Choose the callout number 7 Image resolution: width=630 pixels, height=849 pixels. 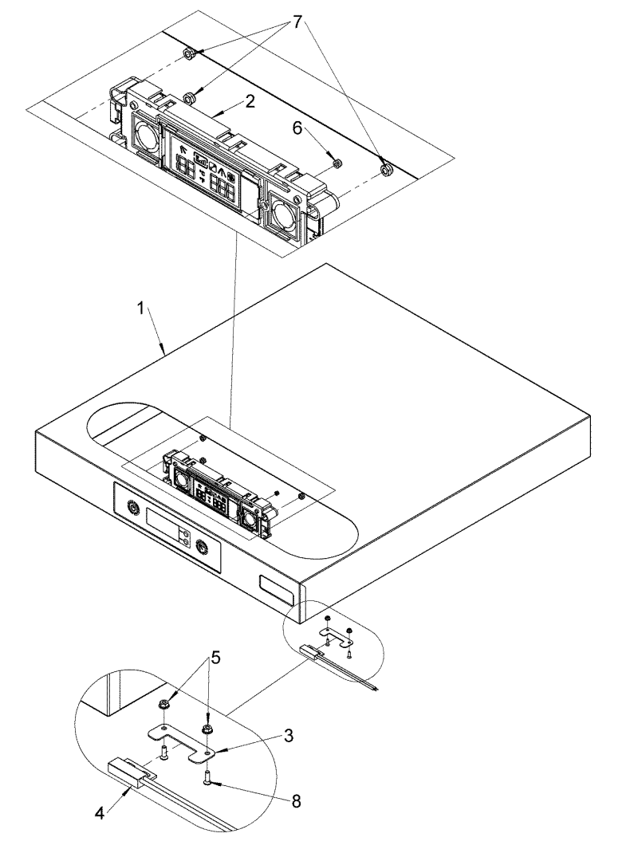click(297, 23)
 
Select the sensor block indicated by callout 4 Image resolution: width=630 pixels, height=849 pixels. click(126, 772)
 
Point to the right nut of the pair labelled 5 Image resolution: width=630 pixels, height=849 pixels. click(207, 706)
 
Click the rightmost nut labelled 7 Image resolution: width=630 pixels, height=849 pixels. click(385, 169)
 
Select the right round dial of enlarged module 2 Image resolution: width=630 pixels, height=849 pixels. click(283, 214)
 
